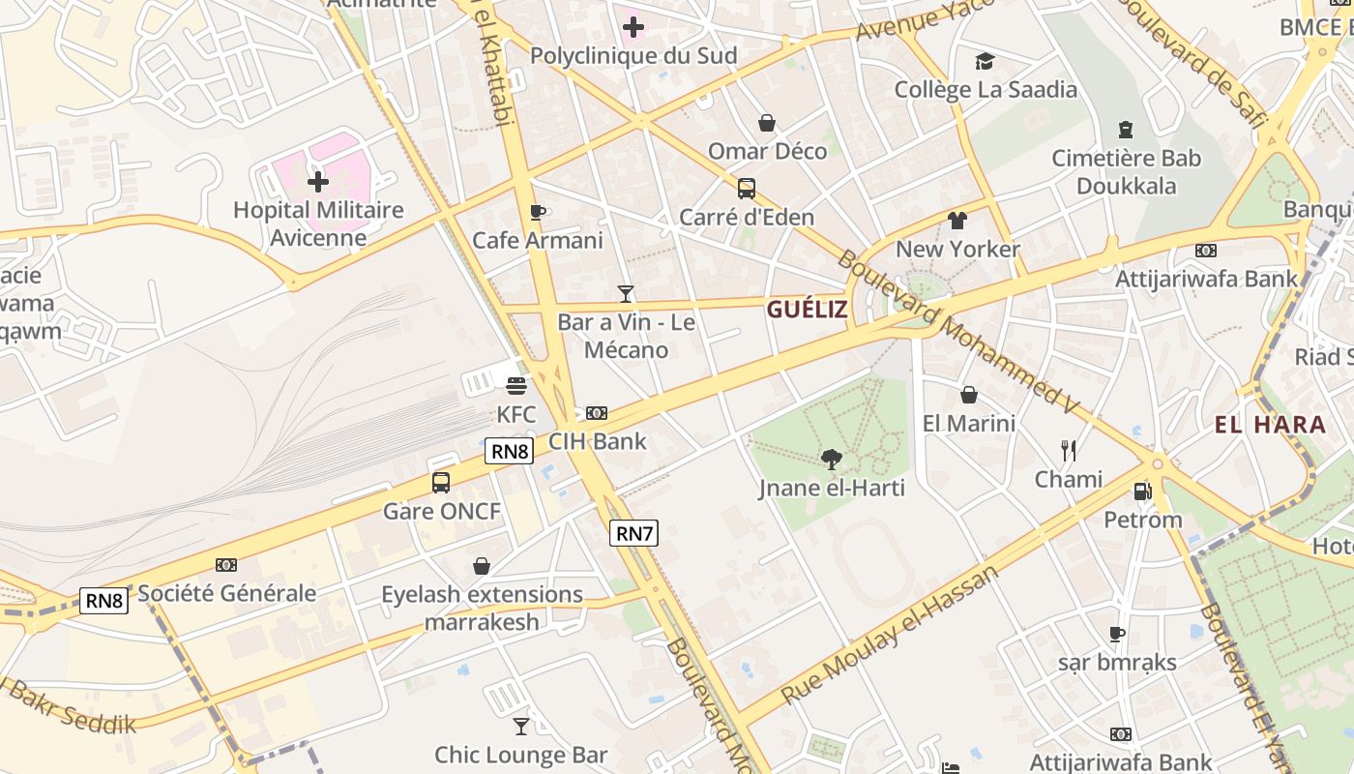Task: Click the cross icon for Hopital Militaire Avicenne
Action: click(318, 181)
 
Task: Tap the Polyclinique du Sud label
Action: click(633, 56)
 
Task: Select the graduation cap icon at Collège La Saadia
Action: click(985, 62)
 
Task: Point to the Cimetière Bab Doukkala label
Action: click(1126, 171)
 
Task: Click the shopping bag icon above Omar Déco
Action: click(767, 123)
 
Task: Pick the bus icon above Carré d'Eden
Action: click(747, 188)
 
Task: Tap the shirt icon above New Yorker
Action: click(957, 221)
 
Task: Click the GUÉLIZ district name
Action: click(807, 310)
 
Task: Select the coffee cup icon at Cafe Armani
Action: click(538, 212)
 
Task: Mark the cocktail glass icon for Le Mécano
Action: click(626, 293)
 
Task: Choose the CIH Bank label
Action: click(598, 441)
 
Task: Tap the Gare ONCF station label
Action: click(442, 511)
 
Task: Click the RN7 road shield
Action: click(634, 532)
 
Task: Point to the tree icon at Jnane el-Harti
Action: click(831, 459)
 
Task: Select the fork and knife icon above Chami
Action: click(1069, 450)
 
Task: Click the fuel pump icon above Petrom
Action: click(1143, 491)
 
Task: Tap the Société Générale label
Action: click(227, 593)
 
